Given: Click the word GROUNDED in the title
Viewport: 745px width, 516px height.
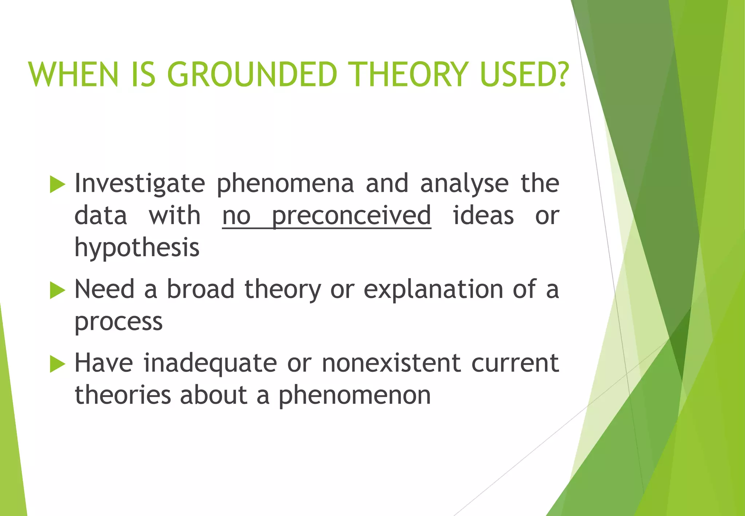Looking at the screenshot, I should [252, 75].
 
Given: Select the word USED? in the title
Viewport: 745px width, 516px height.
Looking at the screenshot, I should [524, 75].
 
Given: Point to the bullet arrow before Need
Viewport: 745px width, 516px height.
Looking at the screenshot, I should [57, 290].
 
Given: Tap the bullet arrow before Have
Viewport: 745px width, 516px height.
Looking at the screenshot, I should [57, 364].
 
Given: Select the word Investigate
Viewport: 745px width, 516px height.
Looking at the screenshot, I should [140, 184].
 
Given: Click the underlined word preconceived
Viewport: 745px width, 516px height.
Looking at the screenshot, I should [351, 216].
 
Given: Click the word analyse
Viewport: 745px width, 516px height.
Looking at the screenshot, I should [464, 184].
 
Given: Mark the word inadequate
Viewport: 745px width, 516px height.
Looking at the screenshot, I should [210, 364].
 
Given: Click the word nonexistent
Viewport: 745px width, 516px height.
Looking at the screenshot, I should [391, 364].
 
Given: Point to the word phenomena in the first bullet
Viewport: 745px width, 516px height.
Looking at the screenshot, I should [285, 184].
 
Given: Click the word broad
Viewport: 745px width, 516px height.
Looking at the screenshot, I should [200, 290].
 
